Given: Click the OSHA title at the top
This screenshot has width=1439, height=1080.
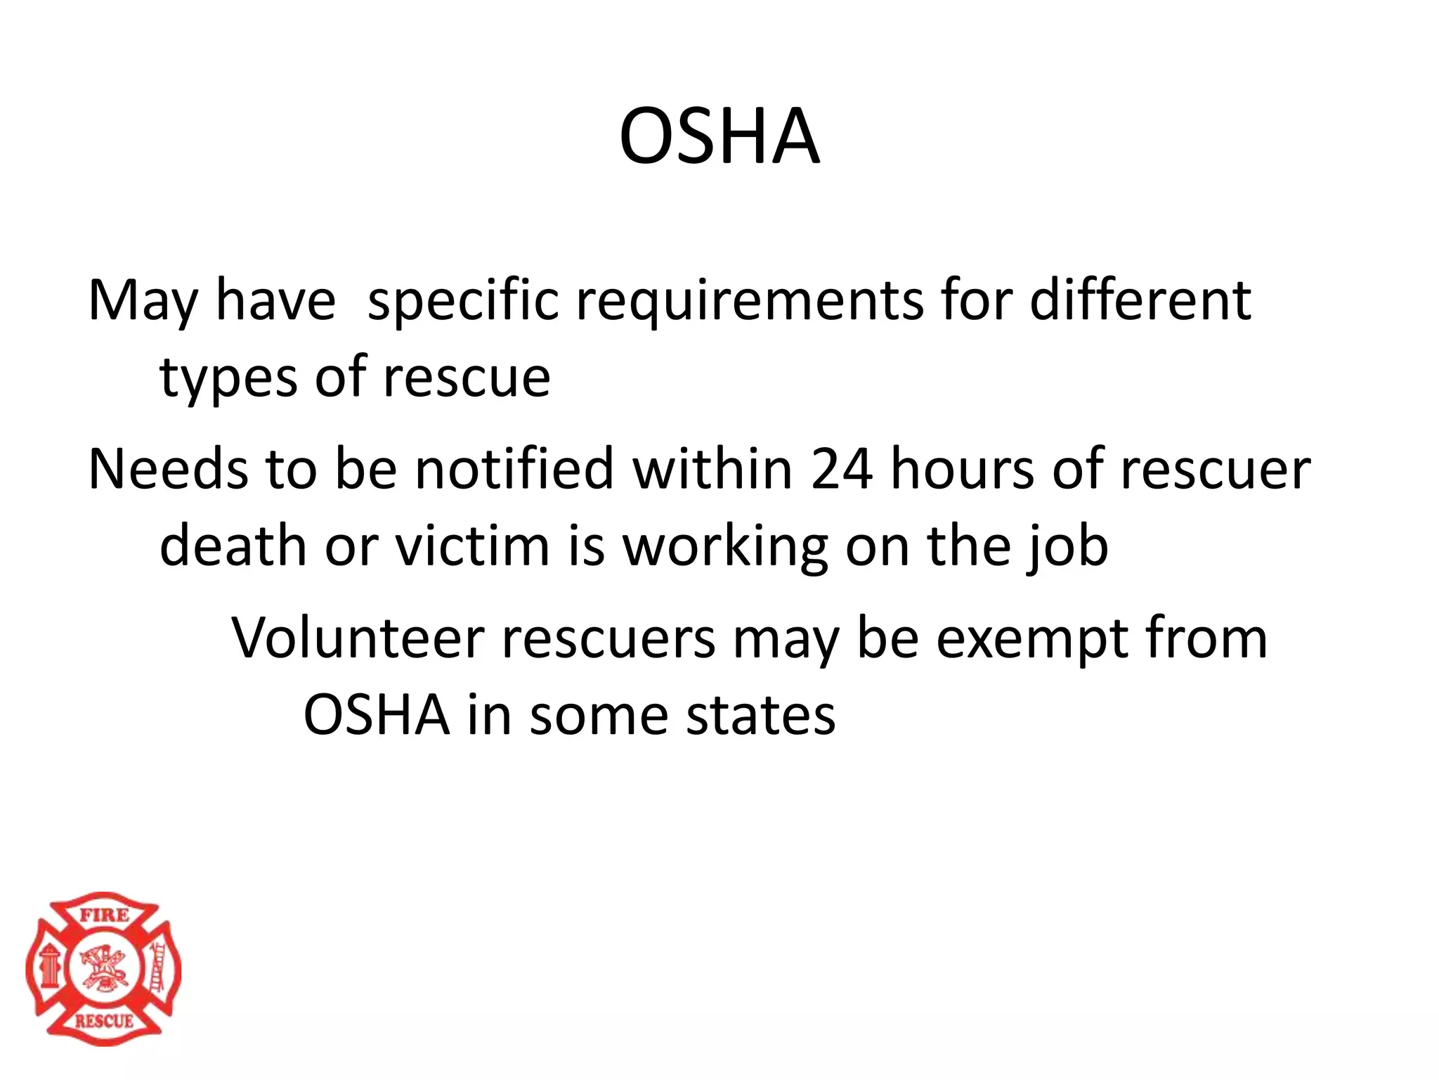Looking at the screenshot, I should pyautogui.click(x=719, y=136).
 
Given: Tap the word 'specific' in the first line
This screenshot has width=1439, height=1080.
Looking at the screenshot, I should pyautogui.click(x=463, y=301).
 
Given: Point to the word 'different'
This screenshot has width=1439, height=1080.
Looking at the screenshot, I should pyautogui.click(x=1140, y=300).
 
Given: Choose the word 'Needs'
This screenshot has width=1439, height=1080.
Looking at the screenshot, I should pyautogui.click(x=168, y=469).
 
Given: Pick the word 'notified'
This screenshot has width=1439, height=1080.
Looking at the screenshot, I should pyautogui.click(x=514, y=469).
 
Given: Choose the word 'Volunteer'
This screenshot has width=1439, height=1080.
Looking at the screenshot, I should pyautogui.click(x=358, y=638).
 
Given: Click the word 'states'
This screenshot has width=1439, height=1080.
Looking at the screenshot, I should pyautogui.click(x=760, y=715).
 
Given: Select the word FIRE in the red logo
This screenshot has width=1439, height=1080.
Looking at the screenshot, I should pyautogui.click(x=104, y=915).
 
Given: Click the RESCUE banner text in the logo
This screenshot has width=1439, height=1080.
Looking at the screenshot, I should pyautogui.click(x=104, y=1020).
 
